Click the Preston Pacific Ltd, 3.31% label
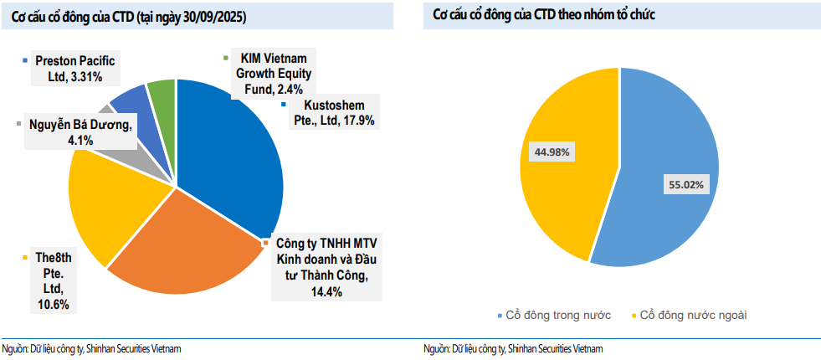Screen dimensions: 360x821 point(74,69)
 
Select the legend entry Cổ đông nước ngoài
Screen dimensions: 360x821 point(693,315)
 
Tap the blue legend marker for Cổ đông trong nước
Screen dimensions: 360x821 point(500,316)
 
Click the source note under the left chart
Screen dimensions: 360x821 point(91,348)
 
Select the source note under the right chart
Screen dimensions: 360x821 point(513,348)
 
